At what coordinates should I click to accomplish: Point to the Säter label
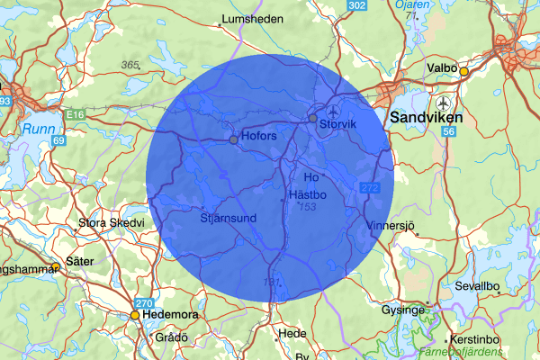pyautogui.click(x=80, y=260)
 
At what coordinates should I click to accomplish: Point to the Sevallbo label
pyautogui.click(x=477, y=285)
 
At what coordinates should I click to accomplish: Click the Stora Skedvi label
pyautogui.click(x=112, y=222)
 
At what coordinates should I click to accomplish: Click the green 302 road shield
pyautogui.click(x=357, y=6)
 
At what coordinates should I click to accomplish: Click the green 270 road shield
pyautogui.click(x=145, y=303)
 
